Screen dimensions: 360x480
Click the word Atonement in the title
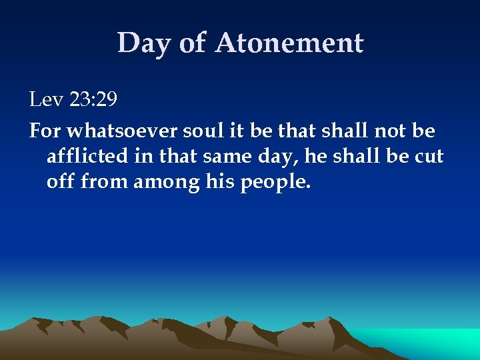[289, 44]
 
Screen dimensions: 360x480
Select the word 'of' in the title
[193, 44]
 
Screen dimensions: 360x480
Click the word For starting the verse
[44, 130]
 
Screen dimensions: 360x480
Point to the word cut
[429, 156]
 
